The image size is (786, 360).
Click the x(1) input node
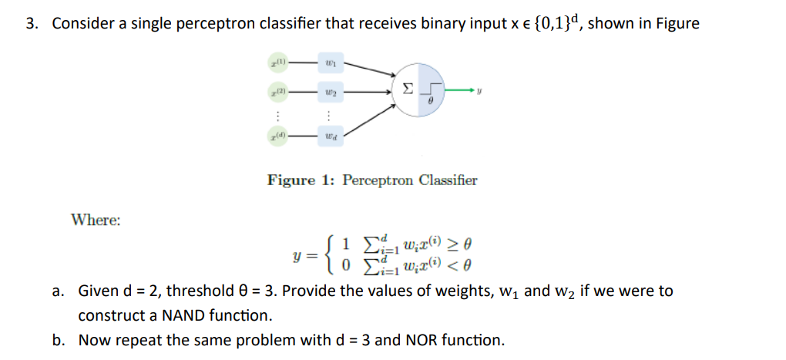tap(278, 60)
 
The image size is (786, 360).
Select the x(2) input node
tap(278, 92)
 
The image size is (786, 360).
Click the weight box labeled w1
tap(330, 60)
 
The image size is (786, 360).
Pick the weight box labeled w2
tap(330, 92)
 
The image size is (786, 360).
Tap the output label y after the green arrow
tap(490, 92)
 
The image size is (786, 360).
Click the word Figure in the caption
tap(291, 180)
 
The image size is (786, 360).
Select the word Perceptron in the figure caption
tap(374, 180)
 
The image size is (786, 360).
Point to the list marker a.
tap(59, 292)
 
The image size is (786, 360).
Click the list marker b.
tap(59, 340)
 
